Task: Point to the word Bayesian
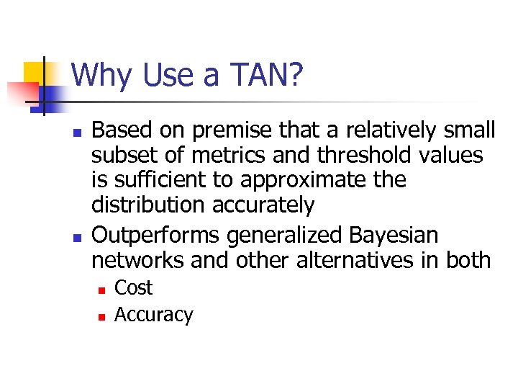coord(404,235)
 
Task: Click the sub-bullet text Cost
coord(134,288)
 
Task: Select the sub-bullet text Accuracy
coord(154,315)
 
